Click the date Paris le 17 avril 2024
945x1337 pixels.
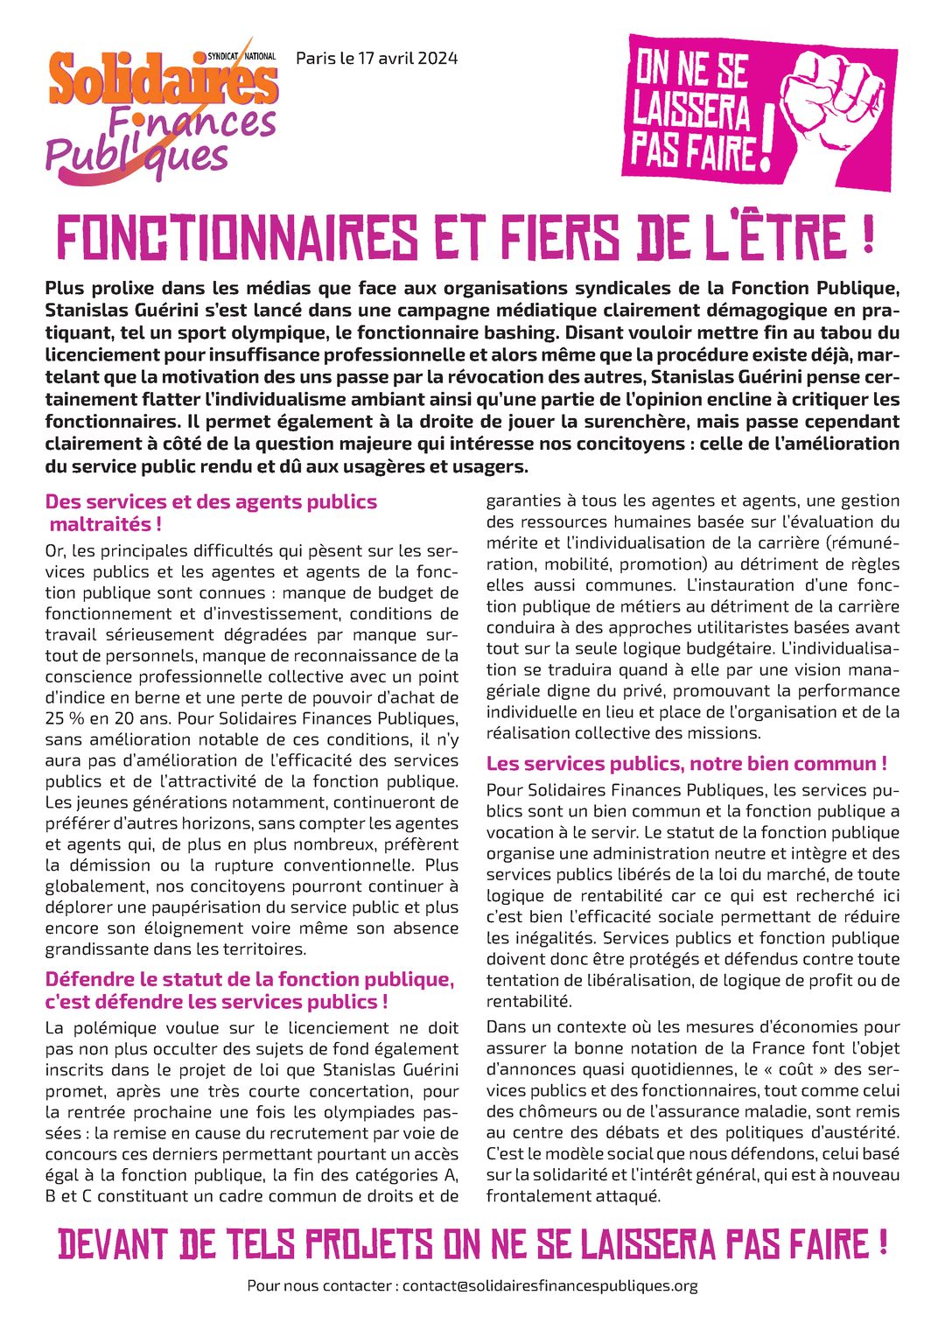coord(376,59)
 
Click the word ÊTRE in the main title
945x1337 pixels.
coord(794,238)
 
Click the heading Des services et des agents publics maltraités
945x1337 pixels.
coord(211,513)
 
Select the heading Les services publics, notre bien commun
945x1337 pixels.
coord(686,764)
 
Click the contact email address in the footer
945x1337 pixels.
coord(549,1285)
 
